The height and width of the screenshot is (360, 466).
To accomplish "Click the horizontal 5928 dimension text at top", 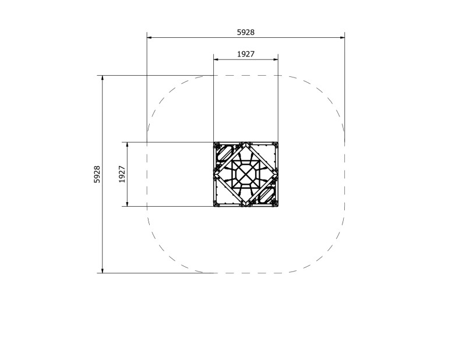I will coord(245,33).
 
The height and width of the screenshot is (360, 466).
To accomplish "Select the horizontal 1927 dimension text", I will coord(245,54).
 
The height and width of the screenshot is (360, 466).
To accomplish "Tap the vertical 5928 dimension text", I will coord(97,174).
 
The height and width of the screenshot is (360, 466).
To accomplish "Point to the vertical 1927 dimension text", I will coord(122,174).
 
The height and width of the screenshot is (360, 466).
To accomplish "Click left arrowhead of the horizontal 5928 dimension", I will coord(149,38).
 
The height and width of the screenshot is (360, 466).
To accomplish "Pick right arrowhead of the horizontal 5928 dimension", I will coord(342,38).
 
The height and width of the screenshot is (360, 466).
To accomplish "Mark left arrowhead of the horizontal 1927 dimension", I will coord(216,59).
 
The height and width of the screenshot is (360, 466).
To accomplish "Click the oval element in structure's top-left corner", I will coord(224,153).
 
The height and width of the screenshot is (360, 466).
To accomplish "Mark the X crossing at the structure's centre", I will coord(246,174).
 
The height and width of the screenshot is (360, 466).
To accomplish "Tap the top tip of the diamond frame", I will coord(246,144).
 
